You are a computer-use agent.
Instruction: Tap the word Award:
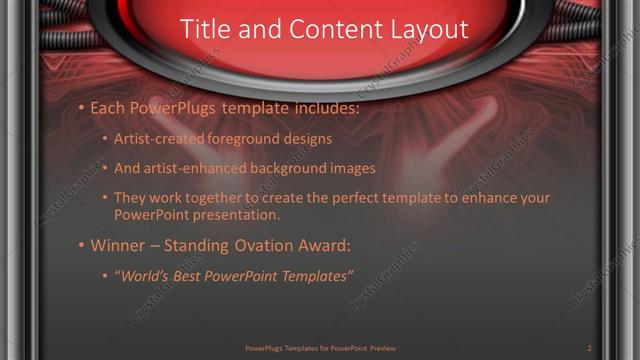325,245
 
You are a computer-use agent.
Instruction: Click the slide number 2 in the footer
589,348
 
